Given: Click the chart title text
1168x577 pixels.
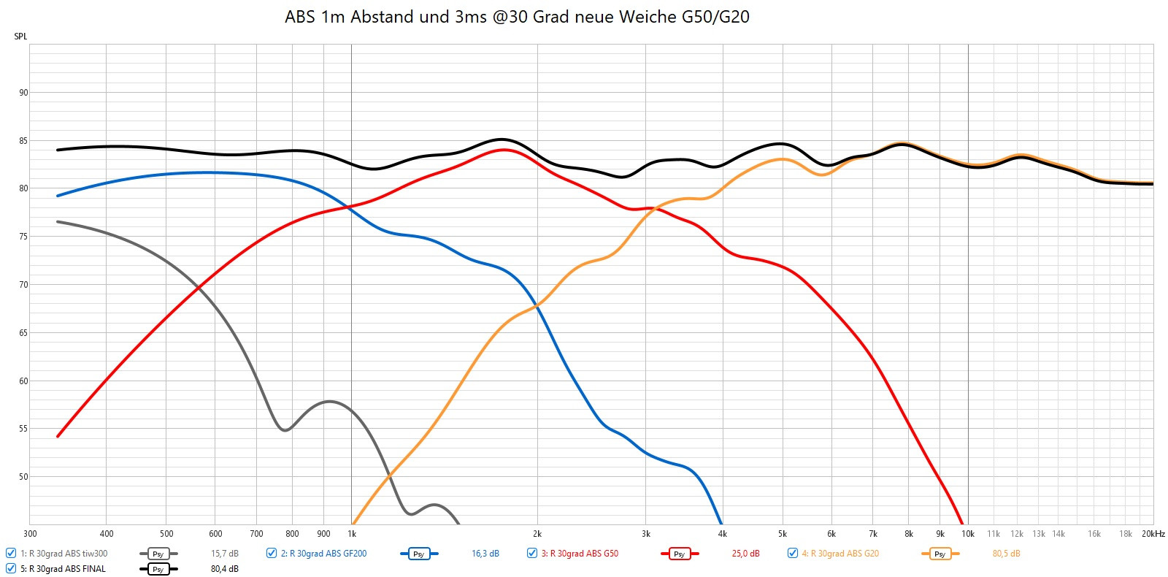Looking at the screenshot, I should pos(517,17).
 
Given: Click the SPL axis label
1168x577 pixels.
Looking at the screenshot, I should pos(20,37).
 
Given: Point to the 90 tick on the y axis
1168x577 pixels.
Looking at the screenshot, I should pos(24,93).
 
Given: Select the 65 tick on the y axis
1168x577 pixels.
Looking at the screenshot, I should pos(24,333).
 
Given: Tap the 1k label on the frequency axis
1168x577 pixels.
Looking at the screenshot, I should pos(352,534).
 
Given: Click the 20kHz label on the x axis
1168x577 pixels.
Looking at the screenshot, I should pos(1153,534).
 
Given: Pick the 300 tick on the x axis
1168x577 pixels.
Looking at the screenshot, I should pos(31,534).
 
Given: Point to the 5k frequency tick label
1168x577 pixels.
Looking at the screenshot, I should pos(783,534).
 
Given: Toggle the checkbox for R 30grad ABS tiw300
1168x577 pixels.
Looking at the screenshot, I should pos(11,554).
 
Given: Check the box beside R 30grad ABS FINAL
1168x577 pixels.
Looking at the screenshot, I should pos(11,569).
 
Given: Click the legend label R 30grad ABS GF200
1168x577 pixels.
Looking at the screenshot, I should pos(323,554).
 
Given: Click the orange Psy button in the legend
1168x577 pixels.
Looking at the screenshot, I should pos(940,554).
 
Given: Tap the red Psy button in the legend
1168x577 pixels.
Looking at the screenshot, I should pos(679,554).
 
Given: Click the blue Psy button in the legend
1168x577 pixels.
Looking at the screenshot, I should pos(418,554).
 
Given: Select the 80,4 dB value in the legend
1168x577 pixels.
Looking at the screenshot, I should pos(225,569).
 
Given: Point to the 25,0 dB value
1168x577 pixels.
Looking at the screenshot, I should pos(745,554).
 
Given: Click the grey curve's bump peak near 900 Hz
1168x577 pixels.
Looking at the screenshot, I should pos(329,401).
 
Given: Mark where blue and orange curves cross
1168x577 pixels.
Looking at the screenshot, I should pos(538,307).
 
